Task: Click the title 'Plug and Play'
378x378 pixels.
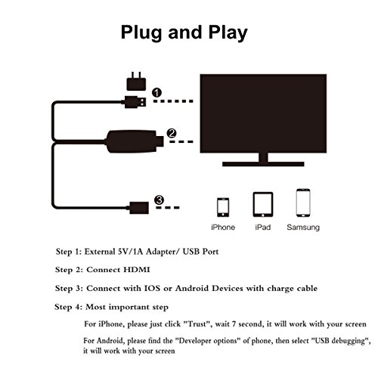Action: [188, 33]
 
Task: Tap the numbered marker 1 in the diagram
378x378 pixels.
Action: [156, 93]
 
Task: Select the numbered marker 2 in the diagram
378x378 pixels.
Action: [172, 134]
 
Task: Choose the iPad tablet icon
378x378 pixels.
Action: [262, 206]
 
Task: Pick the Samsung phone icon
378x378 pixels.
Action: [303, 206]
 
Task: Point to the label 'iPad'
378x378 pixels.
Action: [262, 227]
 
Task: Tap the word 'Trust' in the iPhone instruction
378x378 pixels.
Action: [207, 324]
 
